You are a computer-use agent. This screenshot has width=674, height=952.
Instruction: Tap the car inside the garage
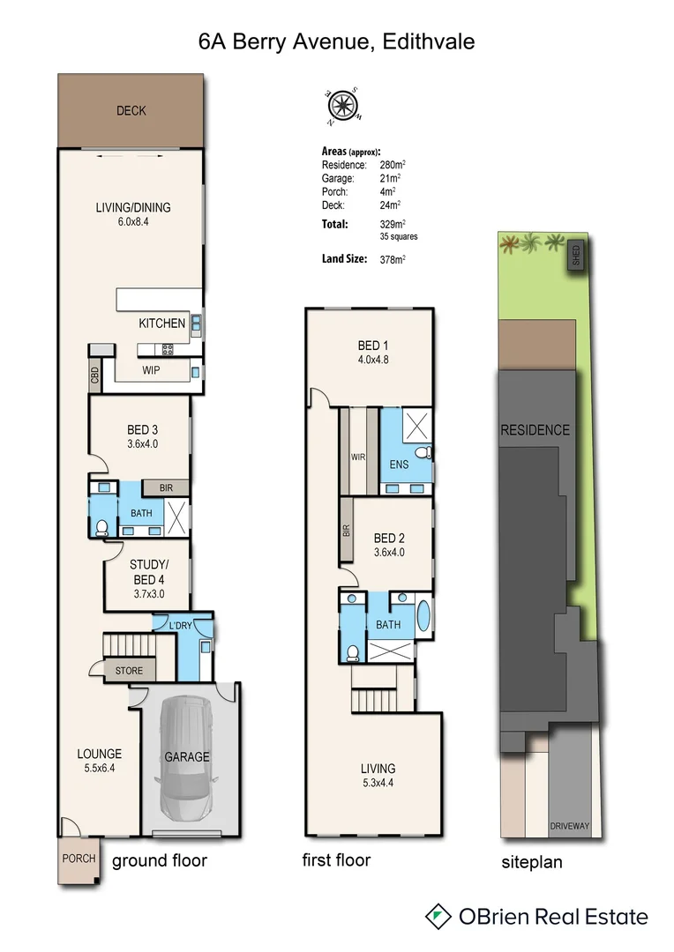tap(185, 757)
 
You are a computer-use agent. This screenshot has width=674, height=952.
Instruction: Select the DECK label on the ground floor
tap(131, 111)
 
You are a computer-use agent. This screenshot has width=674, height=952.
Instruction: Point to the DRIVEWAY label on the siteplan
tap(569, 826)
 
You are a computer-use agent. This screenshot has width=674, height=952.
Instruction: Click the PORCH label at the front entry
tap(79, 859)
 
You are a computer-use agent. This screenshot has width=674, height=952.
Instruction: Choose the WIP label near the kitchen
tap(151, 371)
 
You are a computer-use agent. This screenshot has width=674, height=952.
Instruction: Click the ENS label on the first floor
tap(399, 463)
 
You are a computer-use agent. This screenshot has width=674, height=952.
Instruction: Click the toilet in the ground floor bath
tap(101, 528)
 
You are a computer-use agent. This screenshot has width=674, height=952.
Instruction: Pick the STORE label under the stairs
tap(129, 671)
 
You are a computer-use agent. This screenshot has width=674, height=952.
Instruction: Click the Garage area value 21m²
tap(386, 178)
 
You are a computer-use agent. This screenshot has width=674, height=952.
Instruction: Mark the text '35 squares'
tap(400, 237)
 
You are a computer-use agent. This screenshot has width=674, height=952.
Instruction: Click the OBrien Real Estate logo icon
tap(438, 916)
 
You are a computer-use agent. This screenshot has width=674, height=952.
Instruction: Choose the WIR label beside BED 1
tap(358, 457)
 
